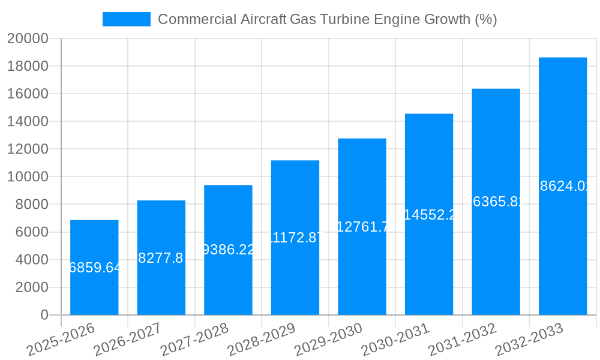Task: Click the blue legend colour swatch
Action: [126, 19]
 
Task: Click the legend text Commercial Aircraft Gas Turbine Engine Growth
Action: [327, 19]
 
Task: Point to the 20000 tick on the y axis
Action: [28, 38]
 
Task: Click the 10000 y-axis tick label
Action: [28, 177]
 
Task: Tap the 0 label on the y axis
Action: [44, 315]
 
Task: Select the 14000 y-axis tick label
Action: [28, 122]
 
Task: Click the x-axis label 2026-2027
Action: [127, 339]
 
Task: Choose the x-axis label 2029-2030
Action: [328, 339]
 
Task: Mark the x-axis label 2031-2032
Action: [462, 339]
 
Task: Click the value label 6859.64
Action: [95, 268]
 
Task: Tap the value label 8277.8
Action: [161, 258]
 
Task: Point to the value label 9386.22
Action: [228, 250]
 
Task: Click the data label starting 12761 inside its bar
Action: [362, 227]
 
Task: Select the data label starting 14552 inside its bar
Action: [429, 215]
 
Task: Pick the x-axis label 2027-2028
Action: [194, 339]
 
